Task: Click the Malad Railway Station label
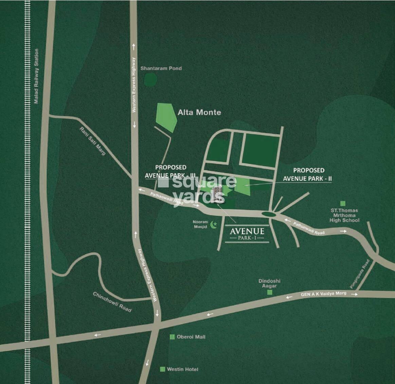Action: pos(36,76)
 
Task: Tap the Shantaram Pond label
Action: pos(161,68)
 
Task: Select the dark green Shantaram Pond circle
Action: pos(150,80)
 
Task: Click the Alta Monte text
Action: pos(199,112)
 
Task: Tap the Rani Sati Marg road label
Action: pos(92,141)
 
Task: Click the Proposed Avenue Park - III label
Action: pos(170,171)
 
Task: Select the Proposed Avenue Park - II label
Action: pos(308,174)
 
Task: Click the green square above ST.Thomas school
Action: pos(343,203)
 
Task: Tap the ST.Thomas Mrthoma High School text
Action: pos(344,215)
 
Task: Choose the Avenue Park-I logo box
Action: pos(247,234)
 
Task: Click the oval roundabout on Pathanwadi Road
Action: pos(269,214)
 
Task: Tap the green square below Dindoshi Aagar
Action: pos(270,292)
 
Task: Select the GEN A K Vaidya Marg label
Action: pos(323,294)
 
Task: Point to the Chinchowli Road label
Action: pos(112,302)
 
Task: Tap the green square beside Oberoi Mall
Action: pos(172,337)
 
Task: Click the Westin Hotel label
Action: pos(182,369)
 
